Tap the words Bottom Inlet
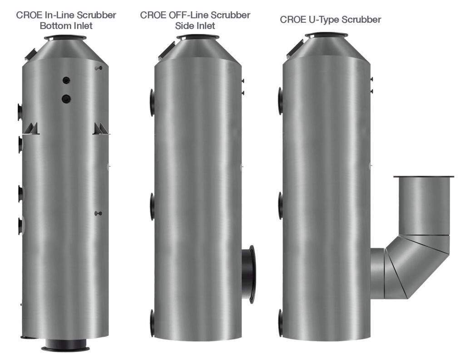click(x=66, y=26)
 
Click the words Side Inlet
click(x=195, y=26)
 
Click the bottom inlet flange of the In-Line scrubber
click(x=65, y=348)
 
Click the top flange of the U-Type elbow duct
click(x=423, y=176)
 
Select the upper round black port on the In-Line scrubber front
click(x=66, y=80)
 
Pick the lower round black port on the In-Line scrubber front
click(x=66, y=98)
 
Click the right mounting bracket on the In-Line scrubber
click(x=100, y=129)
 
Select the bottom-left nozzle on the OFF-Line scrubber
click(x=153, y=323)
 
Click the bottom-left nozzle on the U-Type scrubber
click(x=281, y=323)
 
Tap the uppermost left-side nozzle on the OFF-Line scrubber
click(x=152, y=102)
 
